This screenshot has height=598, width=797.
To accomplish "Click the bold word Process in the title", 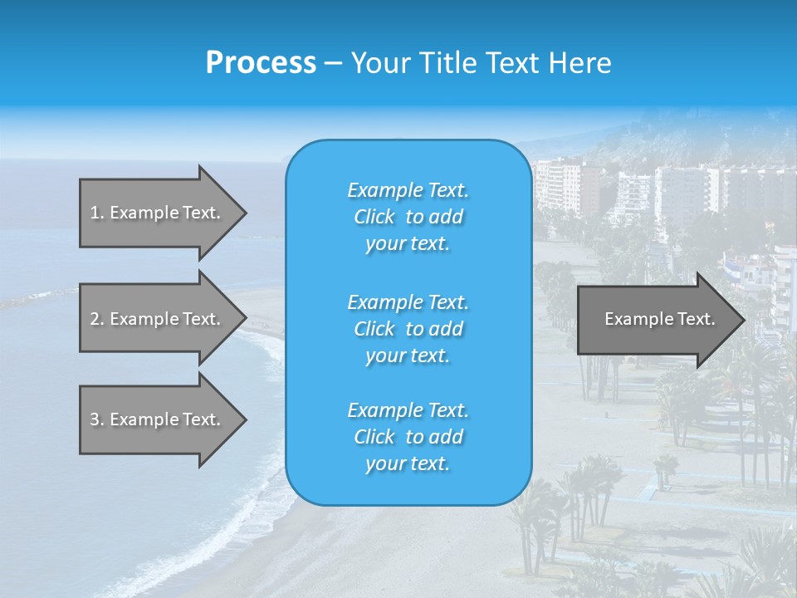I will [261, 63].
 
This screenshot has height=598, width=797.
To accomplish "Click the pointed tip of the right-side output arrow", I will [741, 319].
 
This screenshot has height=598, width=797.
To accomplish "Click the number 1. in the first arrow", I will [97, 213].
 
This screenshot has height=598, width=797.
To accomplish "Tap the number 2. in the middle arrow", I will [97, 319].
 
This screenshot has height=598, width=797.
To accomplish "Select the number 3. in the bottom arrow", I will [97, 419].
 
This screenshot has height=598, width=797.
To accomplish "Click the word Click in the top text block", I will [374, 217].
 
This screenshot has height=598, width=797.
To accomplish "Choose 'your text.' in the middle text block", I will [408, 355].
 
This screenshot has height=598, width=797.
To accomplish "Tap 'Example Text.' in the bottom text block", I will [408, 409].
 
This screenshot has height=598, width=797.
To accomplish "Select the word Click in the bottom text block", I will [374, 437].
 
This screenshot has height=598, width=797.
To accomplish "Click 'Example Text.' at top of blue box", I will [408, 190].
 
